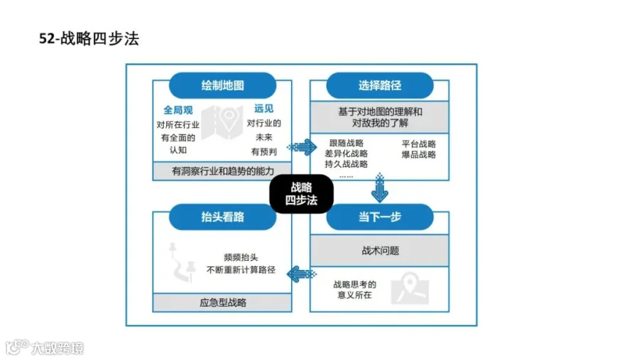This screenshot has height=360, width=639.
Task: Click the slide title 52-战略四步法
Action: [x=89, y=39]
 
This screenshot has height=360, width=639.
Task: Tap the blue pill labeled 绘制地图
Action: [x=222, y=85]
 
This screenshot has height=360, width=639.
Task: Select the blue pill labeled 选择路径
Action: [x=380, y=85]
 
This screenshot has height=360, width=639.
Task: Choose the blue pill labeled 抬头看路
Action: [x=222, y=217]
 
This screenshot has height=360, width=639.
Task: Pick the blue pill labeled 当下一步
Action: [x=380, y=217]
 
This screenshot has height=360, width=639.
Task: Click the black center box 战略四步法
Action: [x=302, y=194]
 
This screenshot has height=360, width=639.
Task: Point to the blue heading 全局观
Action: [x=178, y=110]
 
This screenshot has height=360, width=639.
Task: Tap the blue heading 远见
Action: [x=263, y=109]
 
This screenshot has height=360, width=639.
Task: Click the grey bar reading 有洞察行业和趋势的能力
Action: [x=222, y=171]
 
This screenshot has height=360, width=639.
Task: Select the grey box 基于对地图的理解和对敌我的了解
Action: [x=380, y=117]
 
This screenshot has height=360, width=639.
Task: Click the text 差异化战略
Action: [x=346, y=153]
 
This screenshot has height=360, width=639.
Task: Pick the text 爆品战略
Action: [x=418, y=155]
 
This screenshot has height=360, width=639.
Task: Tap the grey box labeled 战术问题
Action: [x=380, y=251]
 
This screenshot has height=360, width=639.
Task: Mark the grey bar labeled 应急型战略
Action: [x=222, y=302]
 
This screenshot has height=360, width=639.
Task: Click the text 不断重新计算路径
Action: [x=241, y=270]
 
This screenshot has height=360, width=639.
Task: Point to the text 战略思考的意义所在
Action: [x=354, y=290]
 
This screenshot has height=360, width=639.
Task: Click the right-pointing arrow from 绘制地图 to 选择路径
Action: [x=302, y=147]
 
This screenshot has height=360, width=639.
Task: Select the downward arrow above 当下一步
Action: [x=380, y=188]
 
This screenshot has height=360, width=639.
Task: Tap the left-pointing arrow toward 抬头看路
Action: [x=302, y=274]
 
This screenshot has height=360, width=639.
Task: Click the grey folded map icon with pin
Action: [x=222, y=121]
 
